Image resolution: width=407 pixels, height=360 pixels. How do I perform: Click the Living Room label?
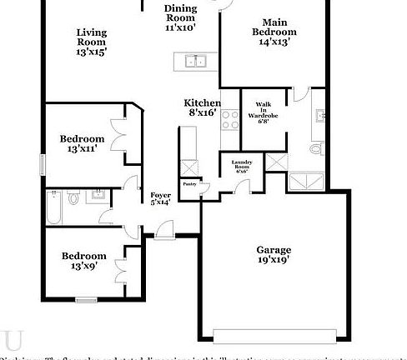(92, 42)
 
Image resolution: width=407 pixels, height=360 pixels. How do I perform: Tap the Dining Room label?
(179, 17)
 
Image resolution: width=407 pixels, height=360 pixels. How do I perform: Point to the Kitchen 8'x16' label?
(203, 107)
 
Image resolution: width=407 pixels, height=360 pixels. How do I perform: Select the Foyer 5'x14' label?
(159, 197)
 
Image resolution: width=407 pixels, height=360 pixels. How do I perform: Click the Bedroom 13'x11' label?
(82, 143)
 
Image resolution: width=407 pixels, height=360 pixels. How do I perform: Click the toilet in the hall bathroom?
(73, 198)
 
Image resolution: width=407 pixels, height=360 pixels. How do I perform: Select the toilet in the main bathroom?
(314, 148)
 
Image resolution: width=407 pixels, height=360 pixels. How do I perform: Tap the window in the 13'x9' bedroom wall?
(86, 298)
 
